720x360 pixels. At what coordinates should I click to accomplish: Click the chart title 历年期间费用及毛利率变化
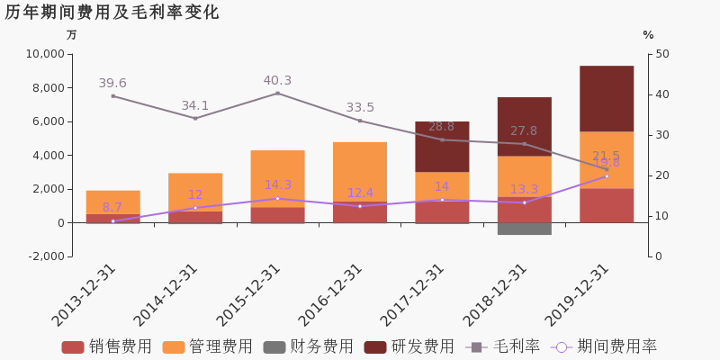tap(112, 13)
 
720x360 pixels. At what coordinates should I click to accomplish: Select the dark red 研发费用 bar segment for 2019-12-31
tap(606, 98)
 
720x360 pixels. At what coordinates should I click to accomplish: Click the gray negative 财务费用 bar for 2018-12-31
tap(524, 229)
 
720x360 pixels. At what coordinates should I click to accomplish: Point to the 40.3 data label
tap(277, 81)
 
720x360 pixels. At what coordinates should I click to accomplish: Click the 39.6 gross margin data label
tap(112, 84)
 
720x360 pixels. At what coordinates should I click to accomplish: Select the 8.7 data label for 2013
tap(112, 208)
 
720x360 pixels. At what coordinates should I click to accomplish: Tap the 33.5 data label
tap(360, 108)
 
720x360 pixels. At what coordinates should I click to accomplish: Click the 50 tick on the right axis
tap(662, 54)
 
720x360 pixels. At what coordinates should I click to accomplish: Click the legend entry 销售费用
tap(107, 347)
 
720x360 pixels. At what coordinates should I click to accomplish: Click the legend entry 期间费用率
tap(607, 347)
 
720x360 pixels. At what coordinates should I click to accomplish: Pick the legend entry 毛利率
tap(503, 347)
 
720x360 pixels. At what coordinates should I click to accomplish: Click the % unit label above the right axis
tap(648, 35)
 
